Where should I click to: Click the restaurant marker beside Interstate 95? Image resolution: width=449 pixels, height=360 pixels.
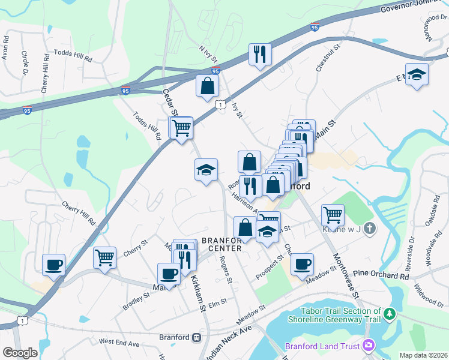click(x=260, y=55)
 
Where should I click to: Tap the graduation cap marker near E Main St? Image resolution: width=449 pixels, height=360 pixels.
click(x=417, y=75)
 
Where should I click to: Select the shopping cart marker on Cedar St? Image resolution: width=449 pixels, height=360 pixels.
click(x=181, y=127)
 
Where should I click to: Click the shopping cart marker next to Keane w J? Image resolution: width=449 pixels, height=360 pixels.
click(x=332, y=214)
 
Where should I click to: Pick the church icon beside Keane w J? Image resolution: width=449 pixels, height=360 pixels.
click(x=370, y=228)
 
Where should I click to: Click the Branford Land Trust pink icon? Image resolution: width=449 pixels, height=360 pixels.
click(x=368, y=346)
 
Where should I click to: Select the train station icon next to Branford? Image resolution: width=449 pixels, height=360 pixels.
click(x=196, y=337)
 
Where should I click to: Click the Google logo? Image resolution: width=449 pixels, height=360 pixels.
click(x=20, y=352)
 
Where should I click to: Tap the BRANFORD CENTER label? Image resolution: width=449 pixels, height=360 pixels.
click(x=222, y=244)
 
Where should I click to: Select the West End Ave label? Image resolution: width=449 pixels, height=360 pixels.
click(x=119, y=343)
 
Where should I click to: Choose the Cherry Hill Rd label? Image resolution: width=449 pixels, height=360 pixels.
click(x=79, y=212)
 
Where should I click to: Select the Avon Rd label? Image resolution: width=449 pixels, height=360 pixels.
click(x=5, y=53)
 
